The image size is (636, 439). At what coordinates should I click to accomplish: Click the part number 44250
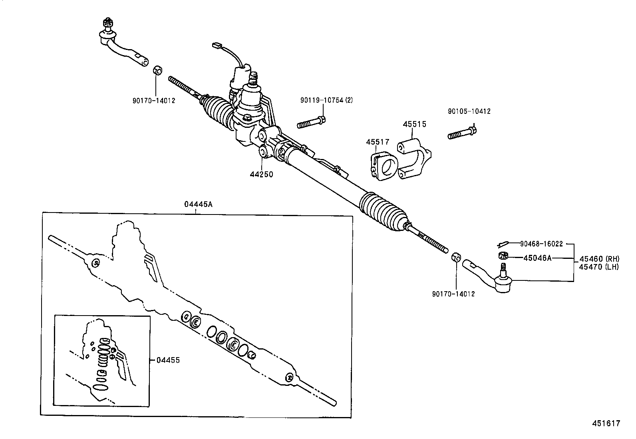pyautogui.click(x=262, y=174)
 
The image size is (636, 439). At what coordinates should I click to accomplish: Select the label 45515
pyautogui.click(x=414, y=124)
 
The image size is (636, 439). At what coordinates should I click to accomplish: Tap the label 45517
pyautogui.click(x=378, y=142)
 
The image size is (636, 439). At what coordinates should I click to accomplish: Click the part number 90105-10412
pyautogui.click(x=469, y=111)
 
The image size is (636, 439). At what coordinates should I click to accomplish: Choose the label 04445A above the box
pyautogui.click(x=198, y=204)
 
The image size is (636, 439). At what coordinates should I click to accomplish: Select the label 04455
pyautogui.click(x=168, y=360)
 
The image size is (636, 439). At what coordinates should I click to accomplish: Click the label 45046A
pyautogui.click(x=537, y=258)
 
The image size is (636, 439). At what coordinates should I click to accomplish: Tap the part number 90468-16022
pyautogui.click(x=541, y=244)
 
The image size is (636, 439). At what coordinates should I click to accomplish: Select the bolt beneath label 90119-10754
pyautogui.click(x=312, y=122)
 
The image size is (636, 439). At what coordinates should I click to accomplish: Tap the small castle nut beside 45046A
pyautogui.click(x=503, y=256)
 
